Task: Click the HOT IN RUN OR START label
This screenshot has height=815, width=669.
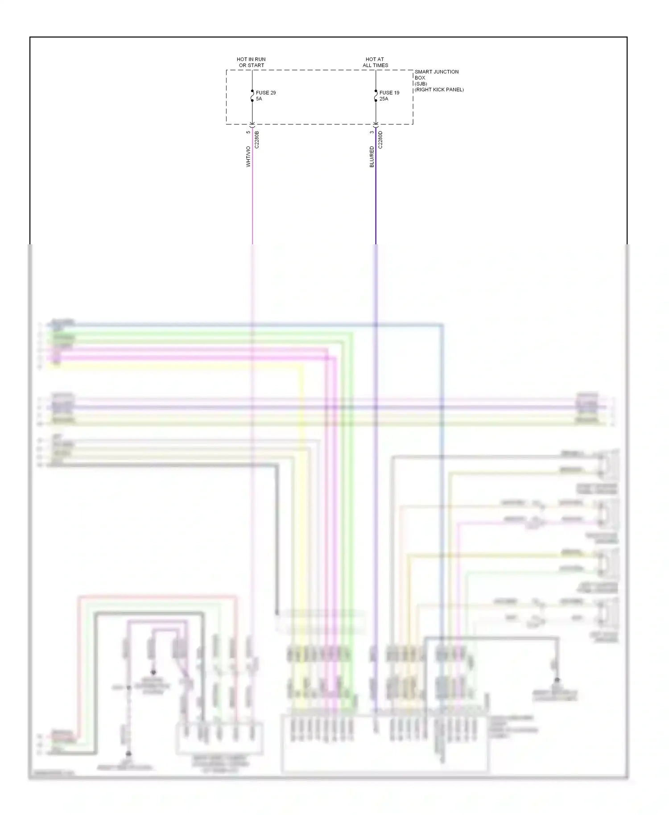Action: pos(251,62)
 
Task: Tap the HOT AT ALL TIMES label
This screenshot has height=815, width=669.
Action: pos(375,62)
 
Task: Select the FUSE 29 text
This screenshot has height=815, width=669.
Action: pos(265,93)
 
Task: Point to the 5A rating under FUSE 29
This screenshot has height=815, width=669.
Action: pos(259,99)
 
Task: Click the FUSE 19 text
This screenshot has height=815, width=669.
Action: pos(389,93)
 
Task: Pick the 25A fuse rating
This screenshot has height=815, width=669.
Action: pos(384,99)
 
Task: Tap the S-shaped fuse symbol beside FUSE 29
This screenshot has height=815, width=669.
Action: pos(252,95)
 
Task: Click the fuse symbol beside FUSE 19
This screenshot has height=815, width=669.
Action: pos(376,95)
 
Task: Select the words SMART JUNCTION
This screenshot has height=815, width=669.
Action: pos(436,72)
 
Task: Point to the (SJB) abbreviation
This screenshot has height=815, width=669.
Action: pos(421,84)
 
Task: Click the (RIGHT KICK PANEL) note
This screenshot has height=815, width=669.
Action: pos(439,90)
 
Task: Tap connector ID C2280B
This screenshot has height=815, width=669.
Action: pos(257,140)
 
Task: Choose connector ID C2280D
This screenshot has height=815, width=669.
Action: pos(380,140)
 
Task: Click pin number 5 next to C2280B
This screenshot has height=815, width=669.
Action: pos(248,132)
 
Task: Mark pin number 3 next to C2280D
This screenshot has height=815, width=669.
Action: pos(372,132)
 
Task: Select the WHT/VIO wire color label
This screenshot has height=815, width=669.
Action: pos(248,156)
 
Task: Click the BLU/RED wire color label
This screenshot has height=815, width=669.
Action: pos(372,156)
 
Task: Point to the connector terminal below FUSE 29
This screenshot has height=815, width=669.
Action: pos(252,124)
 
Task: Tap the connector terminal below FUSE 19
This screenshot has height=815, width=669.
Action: pos(376,124)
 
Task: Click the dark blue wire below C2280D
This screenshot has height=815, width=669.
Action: pos(376,201)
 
